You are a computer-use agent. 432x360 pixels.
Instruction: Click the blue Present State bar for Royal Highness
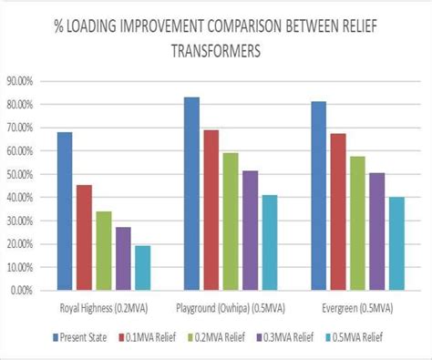pyautogui.click(x=64, y=211)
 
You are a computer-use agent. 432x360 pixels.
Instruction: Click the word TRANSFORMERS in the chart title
pyautogui.click(x=216, y=52)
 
